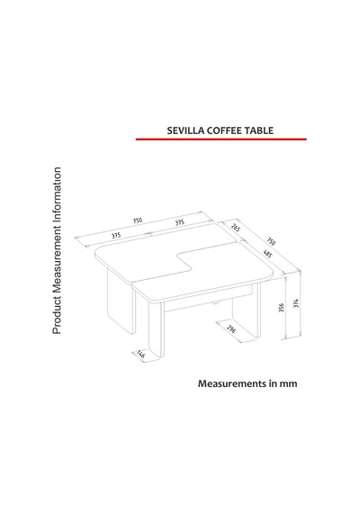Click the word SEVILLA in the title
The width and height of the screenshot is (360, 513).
(186, 130)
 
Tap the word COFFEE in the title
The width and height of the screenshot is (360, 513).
(223, 130)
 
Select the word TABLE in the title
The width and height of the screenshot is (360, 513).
(257, 130)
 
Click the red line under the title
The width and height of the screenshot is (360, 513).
(221, 139)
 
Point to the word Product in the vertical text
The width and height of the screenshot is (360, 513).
(57, 315)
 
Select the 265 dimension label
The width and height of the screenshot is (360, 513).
(236, 227)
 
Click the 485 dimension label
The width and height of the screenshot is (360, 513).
(267, 254)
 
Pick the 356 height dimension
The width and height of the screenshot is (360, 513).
(282, 308)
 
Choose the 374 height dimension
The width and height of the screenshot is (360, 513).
(296, 303)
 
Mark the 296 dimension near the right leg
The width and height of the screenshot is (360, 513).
(231, 328)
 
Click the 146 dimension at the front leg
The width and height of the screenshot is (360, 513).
(140, 354)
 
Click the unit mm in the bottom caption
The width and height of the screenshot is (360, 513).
(288, 384)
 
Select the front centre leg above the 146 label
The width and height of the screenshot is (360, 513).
(156, 328)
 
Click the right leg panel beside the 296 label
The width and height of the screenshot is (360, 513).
(246, 310)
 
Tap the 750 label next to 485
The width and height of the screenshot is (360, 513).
(271, 241)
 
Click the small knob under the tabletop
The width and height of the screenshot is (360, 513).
(215, 302)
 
